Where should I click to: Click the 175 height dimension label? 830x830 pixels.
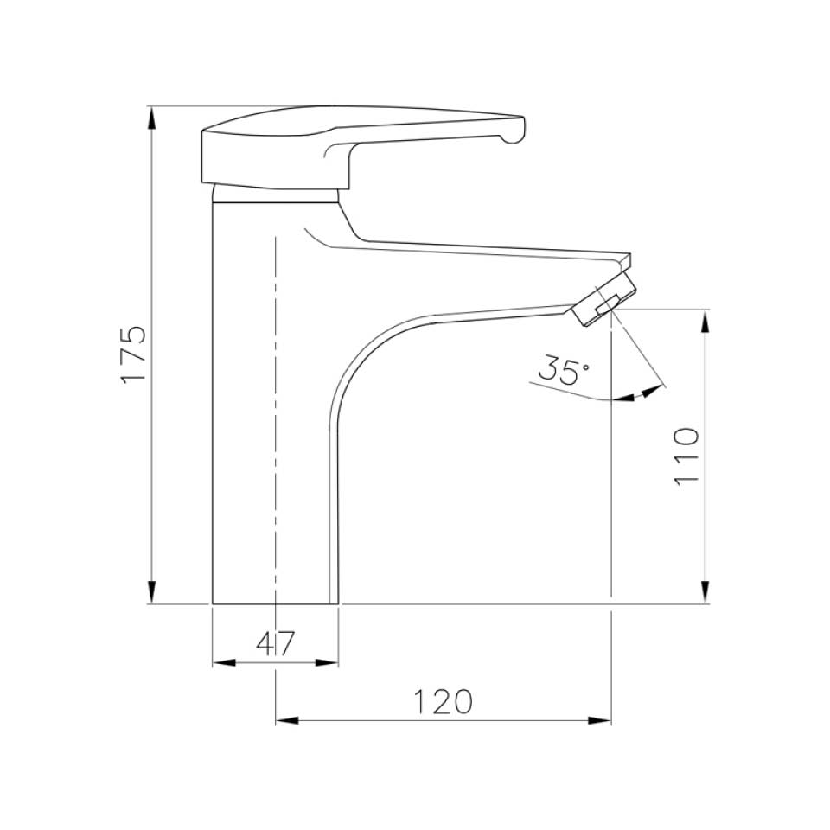point(133,354)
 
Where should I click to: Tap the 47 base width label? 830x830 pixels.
point(276,643)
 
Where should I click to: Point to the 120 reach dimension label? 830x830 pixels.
point(442,702)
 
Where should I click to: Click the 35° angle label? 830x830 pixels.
point(563,370)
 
